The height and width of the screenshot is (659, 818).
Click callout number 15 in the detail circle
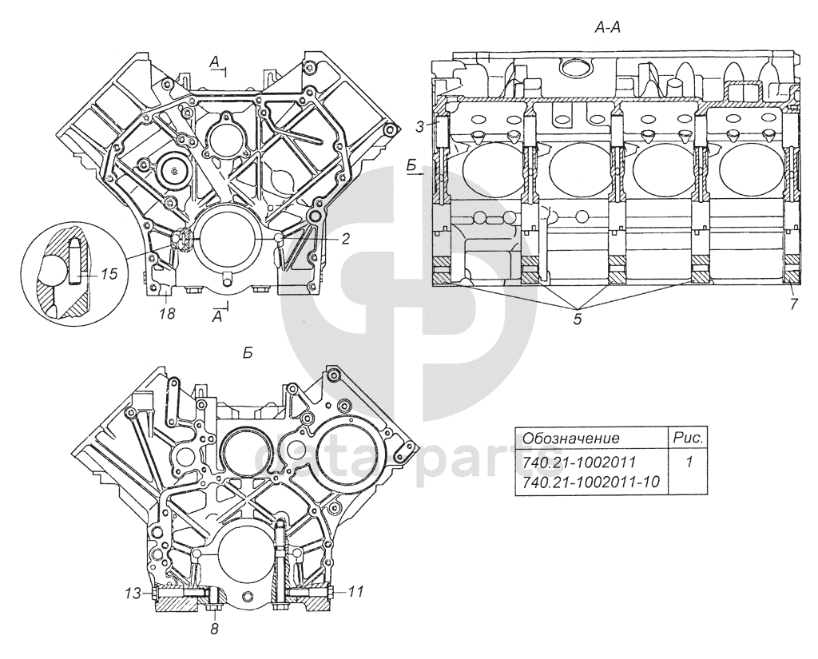[109, 273]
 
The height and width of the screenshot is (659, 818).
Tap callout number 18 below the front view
[168, 314]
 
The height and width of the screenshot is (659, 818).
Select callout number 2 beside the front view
[345, 239]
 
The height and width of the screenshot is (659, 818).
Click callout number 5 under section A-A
[577, 320]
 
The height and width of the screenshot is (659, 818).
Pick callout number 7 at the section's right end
[793, 304]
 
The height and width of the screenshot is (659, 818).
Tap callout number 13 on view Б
[133, 593]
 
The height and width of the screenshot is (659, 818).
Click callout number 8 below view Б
[214, 629]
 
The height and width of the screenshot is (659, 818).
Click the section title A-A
[607, 28]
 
